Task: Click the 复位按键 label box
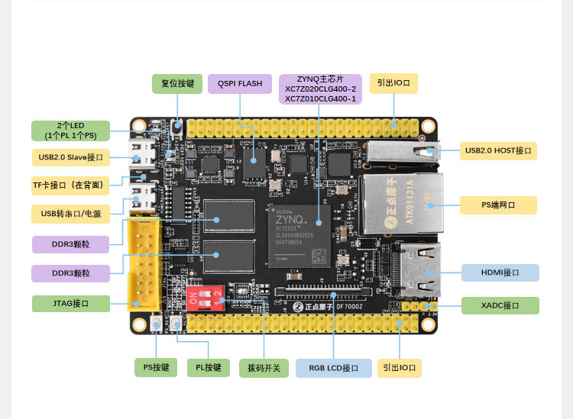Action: pos(177,83)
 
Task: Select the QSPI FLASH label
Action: pos(240,83)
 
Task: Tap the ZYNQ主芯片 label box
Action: pos(320,89)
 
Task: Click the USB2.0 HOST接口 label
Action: pos(498,150)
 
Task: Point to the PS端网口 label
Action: pos(498,205)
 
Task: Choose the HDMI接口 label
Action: pos(500,272)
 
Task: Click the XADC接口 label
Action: pos(500,305)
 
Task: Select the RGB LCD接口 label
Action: pos(334,368)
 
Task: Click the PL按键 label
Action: pos(208,368)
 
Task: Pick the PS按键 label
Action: pos(156,368)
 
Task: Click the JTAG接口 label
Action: pos(71,304)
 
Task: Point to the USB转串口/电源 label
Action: pos(71,213)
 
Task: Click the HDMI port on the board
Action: pos(416,269)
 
